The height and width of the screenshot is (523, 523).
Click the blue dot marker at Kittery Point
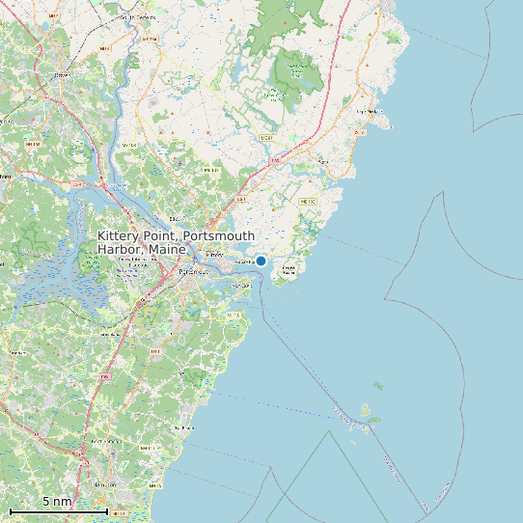click(x=261, y=261)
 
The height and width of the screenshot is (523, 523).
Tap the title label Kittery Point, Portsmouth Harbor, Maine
click(x=177, y=242)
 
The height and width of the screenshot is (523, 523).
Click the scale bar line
click(x=58, y=510)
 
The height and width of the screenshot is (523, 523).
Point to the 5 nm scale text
click(x=57, y=501)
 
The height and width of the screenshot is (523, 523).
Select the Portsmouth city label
click(x=192, y=271)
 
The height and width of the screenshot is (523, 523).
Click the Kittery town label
click(x=214, y=255)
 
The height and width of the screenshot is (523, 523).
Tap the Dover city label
click(x=63, y=73)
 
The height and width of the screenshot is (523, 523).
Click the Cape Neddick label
click(x=368, y=111)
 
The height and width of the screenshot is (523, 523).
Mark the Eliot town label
click(x=174, y=219)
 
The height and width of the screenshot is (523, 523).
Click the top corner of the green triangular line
click(x=329, y=430)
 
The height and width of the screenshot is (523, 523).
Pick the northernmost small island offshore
click(x=378, y=386)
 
